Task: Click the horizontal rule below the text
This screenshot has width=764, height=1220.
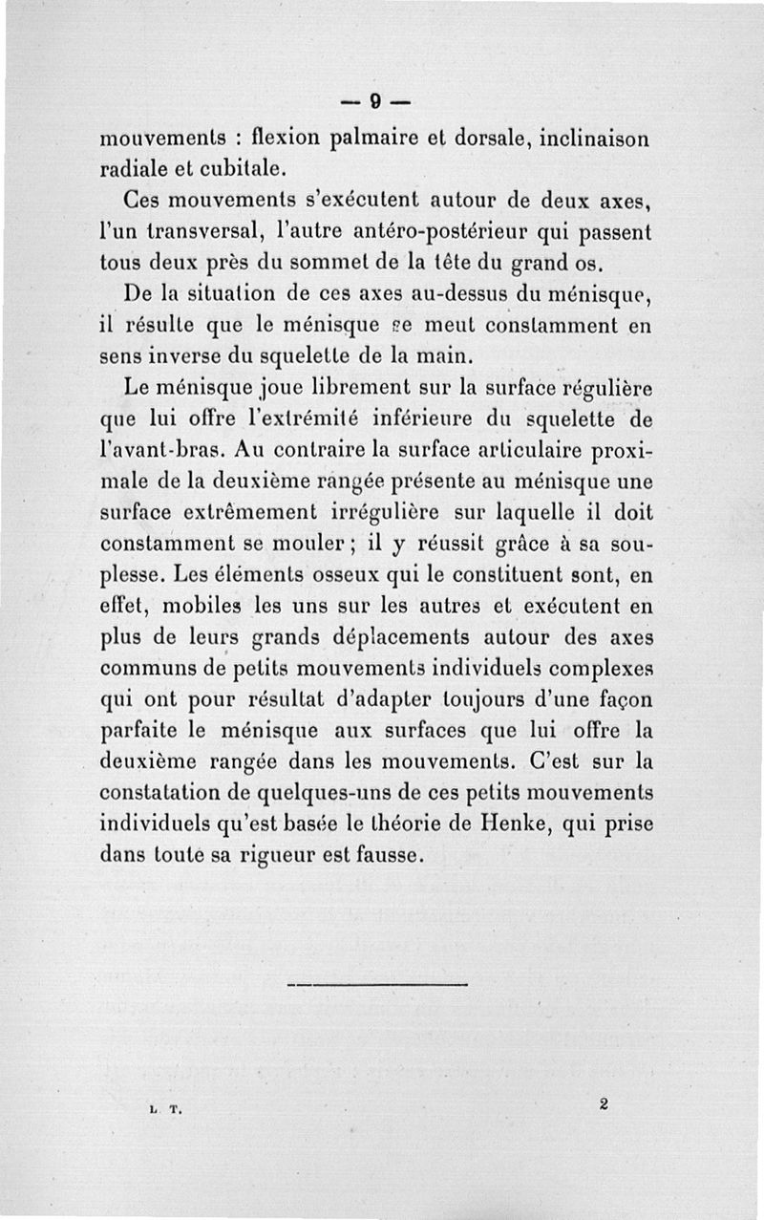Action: pyautogui.click(x=376, y=984)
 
